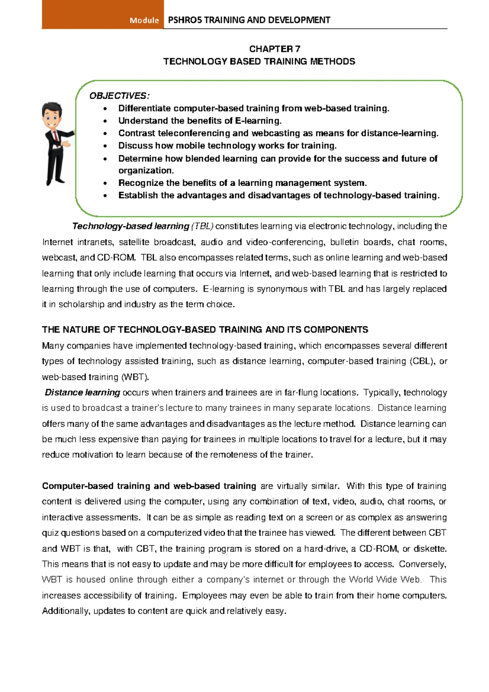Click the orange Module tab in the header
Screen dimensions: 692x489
(x=103, y=15)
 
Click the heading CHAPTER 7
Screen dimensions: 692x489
(x=275, y=49)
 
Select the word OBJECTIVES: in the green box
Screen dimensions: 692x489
(x=119, y=96)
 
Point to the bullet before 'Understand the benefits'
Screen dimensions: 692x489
(x=106, y=121)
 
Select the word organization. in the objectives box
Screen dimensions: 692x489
(x=146, y=170)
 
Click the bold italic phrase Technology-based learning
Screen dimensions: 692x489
(x=130, y=226)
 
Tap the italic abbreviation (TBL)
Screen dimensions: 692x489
(x=202, y=226)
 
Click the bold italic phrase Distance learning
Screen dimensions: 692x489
(x=82, y=392)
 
